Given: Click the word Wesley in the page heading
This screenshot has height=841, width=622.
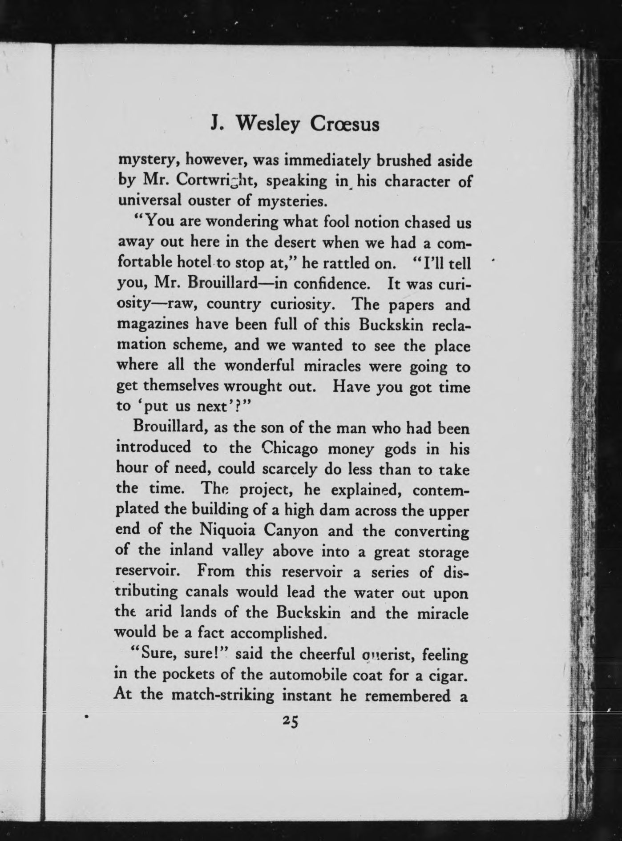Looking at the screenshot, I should pos(268,125).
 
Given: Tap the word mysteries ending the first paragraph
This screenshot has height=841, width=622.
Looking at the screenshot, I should pos(293,201).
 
